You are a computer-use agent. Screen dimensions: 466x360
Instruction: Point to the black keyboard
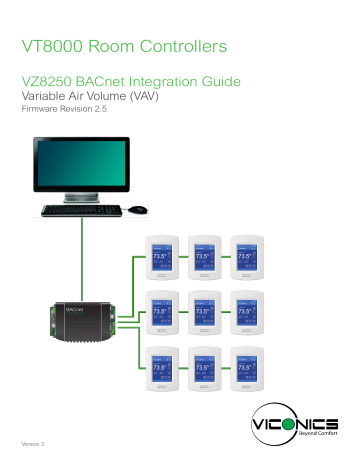82,211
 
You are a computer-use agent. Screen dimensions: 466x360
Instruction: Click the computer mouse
138,210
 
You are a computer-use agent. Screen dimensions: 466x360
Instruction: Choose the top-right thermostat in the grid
249,261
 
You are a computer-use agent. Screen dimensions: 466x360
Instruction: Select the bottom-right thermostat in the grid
249,370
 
